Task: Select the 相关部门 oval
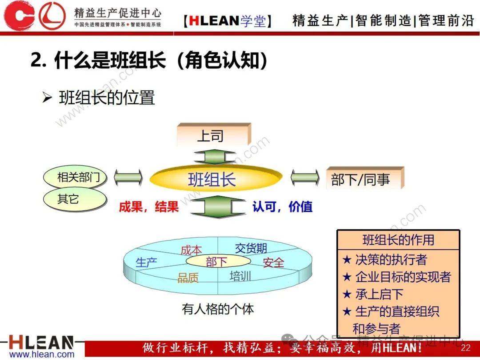coord(75,178)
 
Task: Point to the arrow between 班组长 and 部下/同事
coord(304,178)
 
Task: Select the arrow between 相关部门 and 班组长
coord(128,178)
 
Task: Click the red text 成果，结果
coord(148,207)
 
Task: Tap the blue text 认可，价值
coord(283,207)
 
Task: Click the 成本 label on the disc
coord(191,250)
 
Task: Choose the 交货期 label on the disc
coord(251,248)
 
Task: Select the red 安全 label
coord(273,263)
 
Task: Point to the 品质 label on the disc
coord(188,278)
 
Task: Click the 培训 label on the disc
coord(240,276)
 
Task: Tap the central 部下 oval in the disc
coord(216,262)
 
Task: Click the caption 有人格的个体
coord(218,308)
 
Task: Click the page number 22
coord(466,348)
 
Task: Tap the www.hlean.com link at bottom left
coord(42,355)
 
